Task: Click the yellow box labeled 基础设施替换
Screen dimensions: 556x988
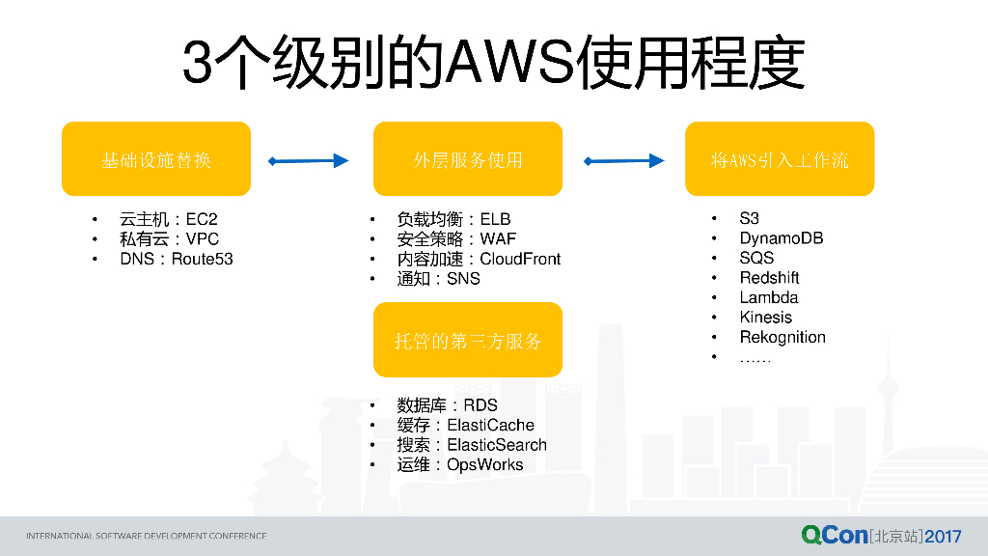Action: coord(155,159)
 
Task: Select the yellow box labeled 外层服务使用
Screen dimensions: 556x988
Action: coord(467,159)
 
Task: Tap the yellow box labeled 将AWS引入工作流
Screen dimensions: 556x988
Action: coord(780,159)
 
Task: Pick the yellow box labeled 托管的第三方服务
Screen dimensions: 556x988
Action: coord(467,340)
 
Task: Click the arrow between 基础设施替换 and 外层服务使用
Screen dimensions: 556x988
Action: coord(308,161)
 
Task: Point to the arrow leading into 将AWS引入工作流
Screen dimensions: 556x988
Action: coord(624,161)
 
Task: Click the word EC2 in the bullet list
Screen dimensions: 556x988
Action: coord(201,220)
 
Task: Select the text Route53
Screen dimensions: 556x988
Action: coord(203,259)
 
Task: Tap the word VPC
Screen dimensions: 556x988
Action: coord(203,239)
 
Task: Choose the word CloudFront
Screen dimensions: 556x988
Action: coord(520,259)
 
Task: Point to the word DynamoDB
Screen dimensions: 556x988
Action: coord(782,238)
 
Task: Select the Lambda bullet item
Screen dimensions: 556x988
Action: coord(769,297)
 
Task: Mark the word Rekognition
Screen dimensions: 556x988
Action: coord(782,337)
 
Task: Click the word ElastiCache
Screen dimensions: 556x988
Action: coord(490,425)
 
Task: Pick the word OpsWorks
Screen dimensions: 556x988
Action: coord(484,464)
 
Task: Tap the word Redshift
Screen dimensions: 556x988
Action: coord(769,278)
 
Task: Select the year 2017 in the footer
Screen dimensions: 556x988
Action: coord(943,535)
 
